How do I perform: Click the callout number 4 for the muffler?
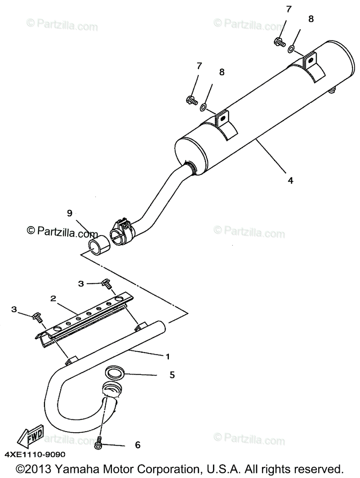[291, 180]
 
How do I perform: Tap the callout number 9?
[69, 214]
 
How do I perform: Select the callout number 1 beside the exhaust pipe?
[168, 355]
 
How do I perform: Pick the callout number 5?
[172, 375]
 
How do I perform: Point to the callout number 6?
[137, 445]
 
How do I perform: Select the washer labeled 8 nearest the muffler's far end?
[291, 49]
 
